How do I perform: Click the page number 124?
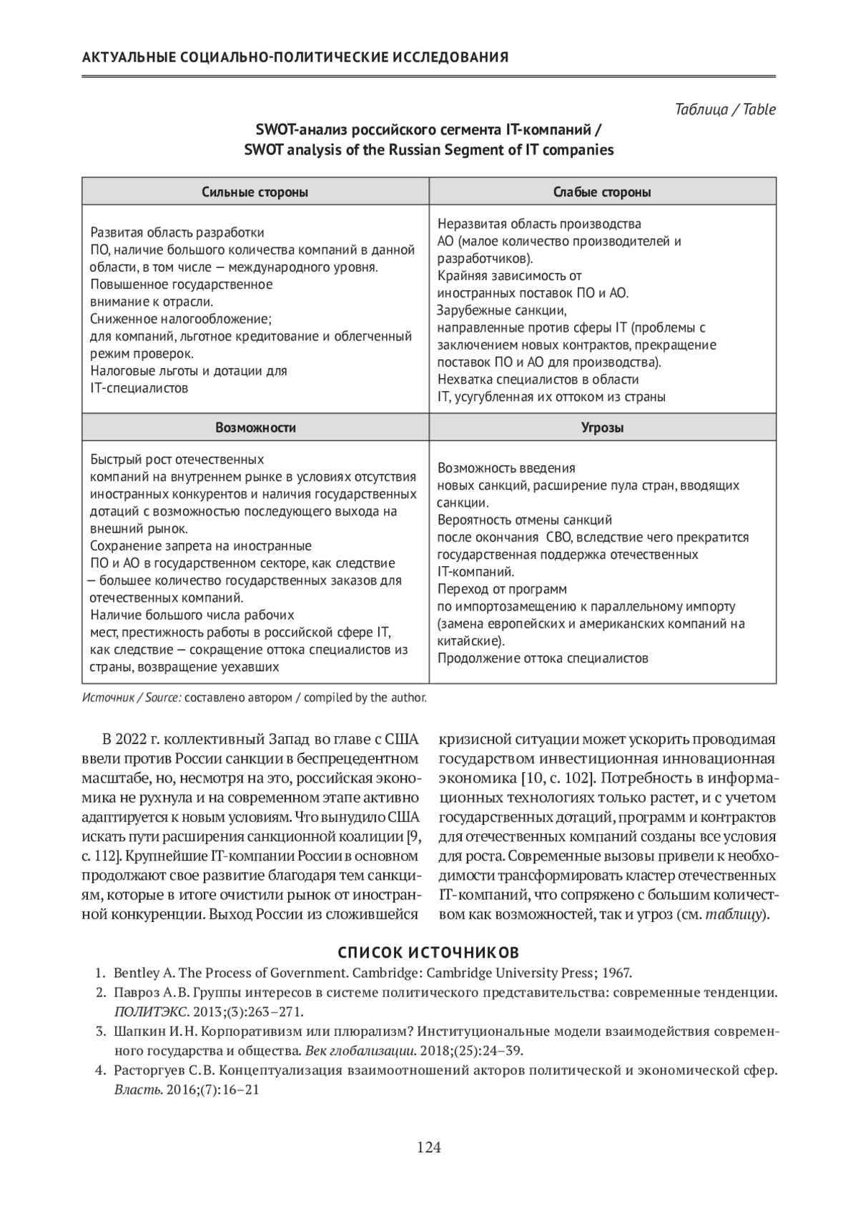pyautogui.click(x=429, y=1148)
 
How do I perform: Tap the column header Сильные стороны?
pyautogui.click(x=255, y=192)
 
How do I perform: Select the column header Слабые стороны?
pyautogui.click(x=602, y=192)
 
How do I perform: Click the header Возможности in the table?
pyautogui.click(x=255, y=427)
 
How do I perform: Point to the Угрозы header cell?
pyautogui.click(x=602, y=427)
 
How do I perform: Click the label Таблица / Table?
pyautogui.click(x=725, y=109)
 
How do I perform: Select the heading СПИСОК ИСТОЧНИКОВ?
pyautogui.click(x=428, y=952)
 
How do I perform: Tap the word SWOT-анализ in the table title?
pyautogui.click(x=293, y=130)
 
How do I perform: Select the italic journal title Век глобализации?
pyautogui.click(x=360, y=1051)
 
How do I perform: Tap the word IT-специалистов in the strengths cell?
pyautogui.click(x=139, y=388)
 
